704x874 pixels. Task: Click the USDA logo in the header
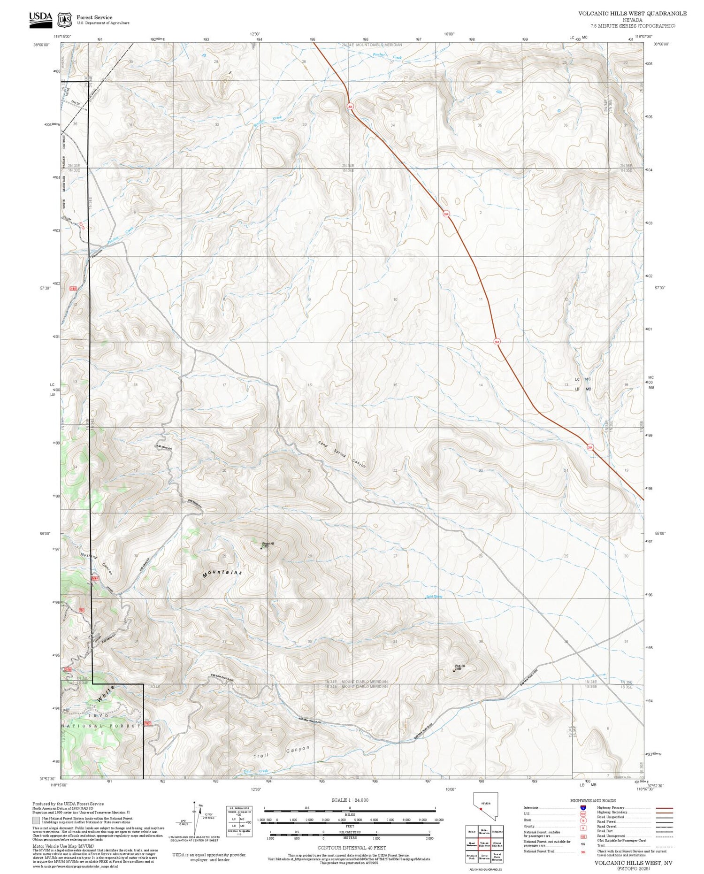coord(40,19)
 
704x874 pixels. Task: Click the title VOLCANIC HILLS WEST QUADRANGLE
coord(632,14)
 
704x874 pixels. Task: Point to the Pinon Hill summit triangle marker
coord(261,548)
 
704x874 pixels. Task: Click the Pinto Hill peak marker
coord(454,671)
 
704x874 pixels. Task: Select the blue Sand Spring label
coord(434,597)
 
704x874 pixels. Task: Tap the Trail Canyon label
coord(282,753)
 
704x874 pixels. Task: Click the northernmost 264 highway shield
coord(350,107)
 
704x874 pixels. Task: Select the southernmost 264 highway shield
coord(590,447)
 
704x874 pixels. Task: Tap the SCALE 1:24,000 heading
coord(350,800)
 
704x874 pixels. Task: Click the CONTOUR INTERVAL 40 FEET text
coord(352,848)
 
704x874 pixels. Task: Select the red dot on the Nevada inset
coord(481,809)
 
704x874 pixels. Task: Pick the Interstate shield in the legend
coord(583,808)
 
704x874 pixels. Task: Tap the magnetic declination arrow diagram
coord(197,817)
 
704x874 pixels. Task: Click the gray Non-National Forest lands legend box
coord(36,820)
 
